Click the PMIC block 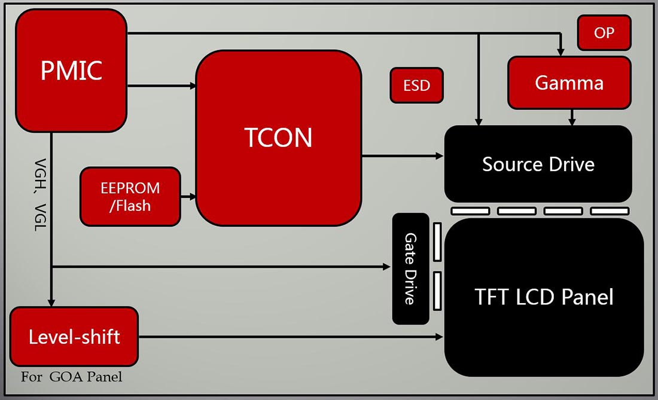(x=71, y=71)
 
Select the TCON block (x=279, y=137)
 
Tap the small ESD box (x=417, y=85)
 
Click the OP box (x=604, y=33)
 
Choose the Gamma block (x=569, y=83)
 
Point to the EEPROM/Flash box (x=130, y=197)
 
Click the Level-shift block (x=74, y=337)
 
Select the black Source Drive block (x=538, y=164)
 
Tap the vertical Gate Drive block (x=410, y=268)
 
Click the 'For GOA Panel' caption (x=71, y=377)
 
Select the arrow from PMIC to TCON (x=162, y=86)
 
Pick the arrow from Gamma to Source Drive (x=572, y=117)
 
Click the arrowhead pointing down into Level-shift (x=52, y=303)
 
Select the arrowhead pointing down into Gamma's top (x=560, y=52)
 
